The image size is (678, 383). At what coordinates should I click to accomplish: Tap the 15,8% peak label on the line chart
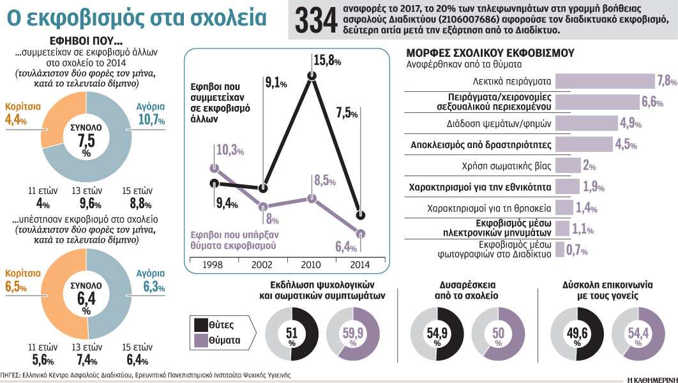pos(327,61)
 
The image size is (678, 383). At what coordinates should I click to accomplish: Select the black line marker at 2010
pos(312,77)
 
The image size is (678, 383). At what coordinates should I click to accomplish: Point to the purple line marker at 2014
pos(361,232)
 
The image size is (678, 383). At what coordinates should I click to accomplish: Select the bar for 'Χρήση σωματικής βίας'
pos(568,165)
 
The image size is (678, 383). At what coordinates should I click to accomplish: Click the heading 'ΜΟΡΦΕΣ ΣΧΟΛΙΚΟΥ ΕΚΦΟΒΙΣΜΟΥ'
pos(490,52)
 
